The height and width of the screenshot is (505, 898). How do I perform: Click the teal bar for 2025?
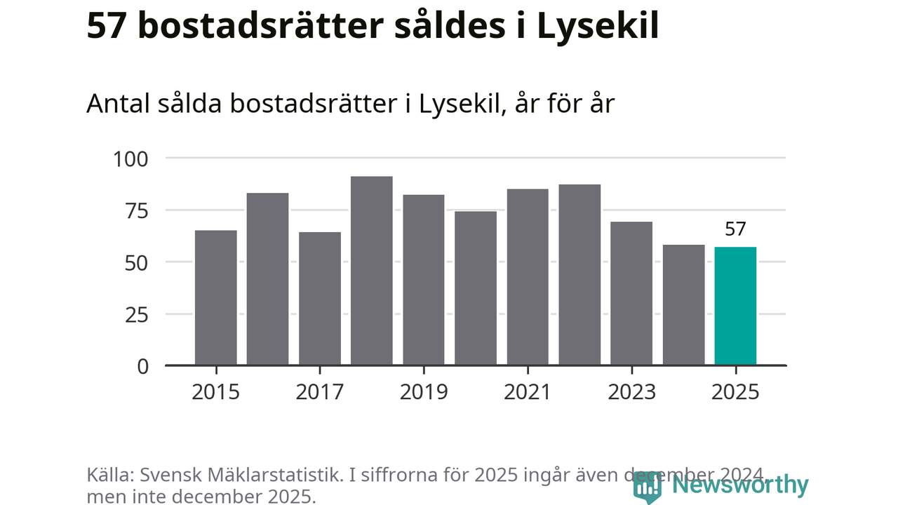click(x=735, y=306)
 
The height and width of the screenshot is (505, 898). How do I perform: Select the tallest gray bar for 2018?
click(x=372, y=271)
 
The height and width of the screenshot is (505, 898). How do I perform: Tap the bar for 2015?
click(x=216, y=297)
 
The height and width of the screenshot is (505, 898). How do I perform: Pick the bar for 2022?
click(x=579, y=275)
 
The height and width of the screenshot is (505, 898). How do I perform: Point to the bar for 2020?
click(x=476, y=288)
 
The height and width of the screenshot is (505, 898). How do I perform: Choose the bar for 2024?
click(x=683, y=305)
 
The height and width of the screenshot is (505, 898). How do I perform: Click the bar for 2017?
click(x=320, y=299)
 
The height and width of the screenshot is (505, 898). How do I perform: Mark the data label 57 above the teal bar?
click(x=735, y=229)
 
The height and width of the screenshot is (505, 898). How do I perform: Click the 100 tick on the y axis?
click(x=131, y=159)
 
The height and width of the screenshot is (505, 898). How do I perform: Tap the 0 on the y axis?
click(x=143, y=366)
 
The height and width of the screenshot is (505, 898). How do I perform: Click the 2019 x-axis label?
click(x=424, y=391)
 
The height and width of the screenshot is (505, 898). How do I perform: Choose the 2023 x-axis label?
click(x=631, y=391)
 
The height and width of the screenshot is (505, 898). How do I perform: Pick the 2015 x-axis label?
click(x=216, y=391)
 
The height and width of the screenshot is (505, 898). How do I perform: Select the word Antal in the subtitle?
click(x=114, y=104)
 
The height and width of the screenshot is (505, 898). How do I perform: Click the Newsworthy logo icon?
click(x=648, y=486)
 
